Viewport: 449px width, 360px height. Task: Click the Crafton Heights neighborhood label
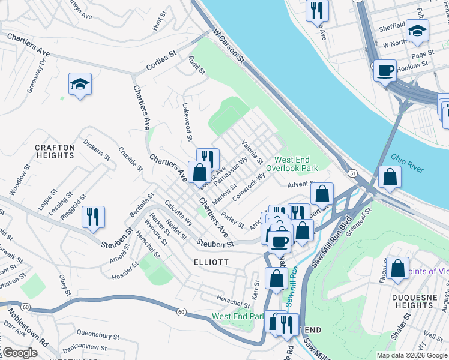[55, 151]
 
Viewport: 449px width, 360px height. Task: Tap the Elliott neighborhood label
[211, 262]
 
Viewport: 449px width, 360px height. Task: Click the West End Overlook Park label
[296, 164]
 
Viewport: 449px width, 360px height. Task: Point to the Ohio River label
[407, 162]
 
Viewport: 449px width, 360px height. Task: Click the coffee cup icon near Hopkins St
[385, 70]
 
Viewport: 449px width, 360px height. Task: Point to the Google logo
[19, 353]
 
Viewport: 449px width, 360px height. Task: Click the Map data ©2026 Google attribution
[411, 355]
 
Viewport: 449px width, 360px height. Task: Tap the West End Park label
[238, 316]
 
